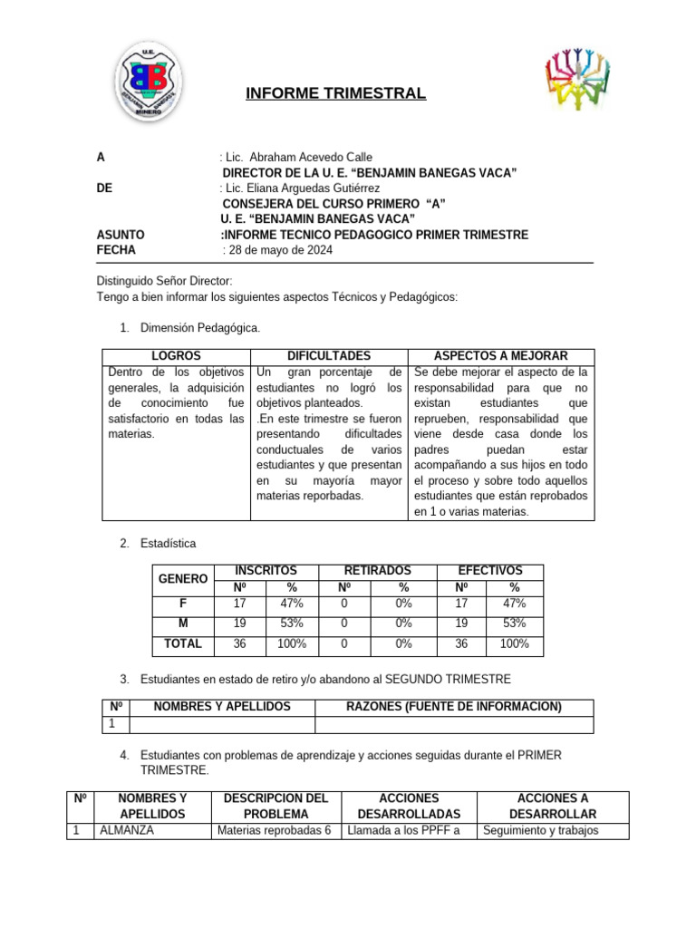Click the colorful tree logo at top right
(576, 80)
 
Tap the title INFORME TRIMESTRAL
(336, 94)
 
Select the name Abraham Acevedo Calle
(299, 157)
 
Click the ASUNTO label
(120, 235)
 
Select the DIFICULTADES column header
(329, 356)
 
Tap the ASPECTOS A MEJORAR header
(501, 356)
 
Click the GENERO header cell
(183, 578)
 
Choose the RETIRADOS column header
(377, 570)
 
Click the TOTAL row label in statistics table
(183, 643)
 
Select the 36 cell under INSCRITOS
(240, 643)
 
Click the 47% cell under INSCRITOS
(292, 603)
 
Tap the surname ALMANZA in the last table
(126, 830)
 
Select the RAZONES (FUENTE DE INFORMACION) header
(454, 707)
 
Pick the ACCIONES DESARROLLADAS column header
(410, 806)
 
